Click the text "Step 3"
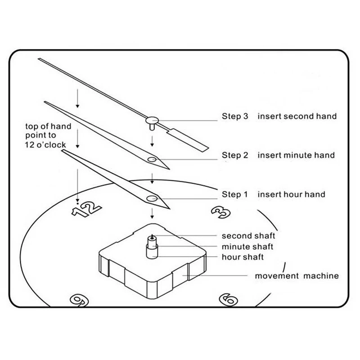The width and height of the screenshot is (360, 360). [x=234, y=116]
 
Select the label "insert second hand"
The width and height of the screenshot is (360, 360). [x=297, y=116]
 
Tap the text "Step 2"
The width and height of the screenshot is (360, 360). [x=234, y=155]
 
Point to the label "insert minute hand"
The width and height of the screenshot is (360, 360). [x=296, y=155]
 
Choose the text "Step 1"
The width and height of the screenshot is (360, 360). [x=234, y=194]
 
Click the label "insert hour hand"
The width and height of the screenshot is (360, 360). [x=291, y=194]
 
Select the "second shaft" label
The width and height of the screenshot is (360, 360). [x=248, y=235]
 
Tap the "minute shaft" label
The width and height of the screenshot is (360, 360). [x=247, y=247]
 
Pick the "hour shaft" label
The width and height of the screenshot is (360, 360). [x=243, y=257]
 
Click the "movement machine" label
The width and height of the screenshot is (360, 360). [x=297, y=275]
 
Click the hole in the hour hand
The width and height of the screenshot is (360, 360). [x=152, y=198]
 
